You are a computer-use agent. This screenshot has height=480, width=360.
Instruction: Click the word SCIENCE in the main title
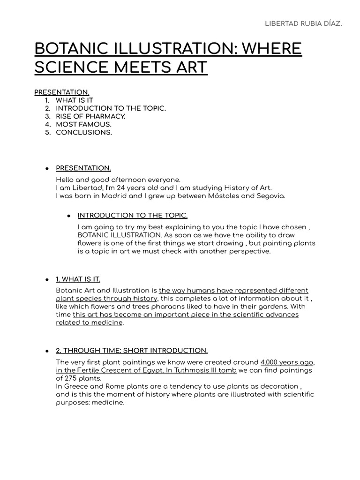pyautogui.click(x=69, y=67)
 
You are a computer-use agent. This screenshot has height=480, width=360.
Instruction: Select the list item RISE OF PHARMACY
pyautogui.click(x=91, y=116)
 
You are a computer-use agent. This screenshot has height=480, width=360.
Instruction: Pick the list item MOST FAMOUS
pyautogui.click(x=84, y=124)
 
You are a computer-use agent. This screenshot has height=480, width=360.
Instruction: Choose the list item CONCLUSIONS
pyautogui.click(x=84, y=132)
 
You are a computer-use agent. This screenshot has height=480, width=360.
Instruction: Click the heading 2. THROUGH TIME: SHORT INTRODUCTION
pyautogui.click(x=132, y=350)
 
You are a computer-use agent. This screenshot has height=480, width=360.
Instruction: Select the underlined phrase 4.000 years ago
pyautogui.click(x=287, y=362)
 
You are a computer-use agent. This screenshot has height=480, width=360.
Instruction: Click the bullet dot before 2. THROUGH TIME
pyautogui.click(x=47, y=351)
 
